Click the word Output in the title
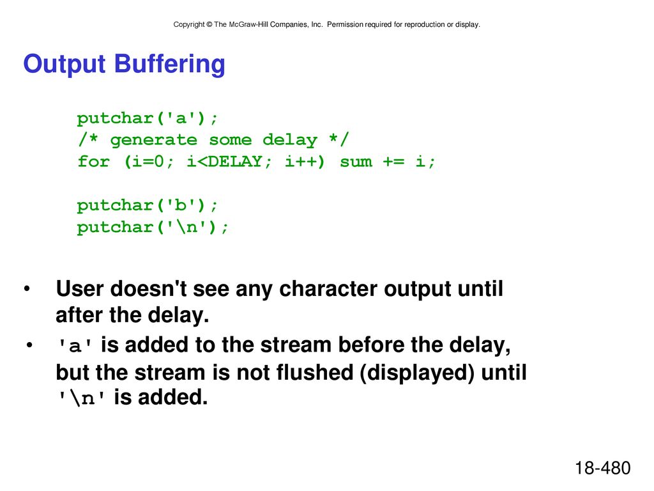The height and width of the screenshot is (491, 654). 65,65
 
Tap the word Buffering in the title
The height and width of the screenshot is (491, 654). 169,65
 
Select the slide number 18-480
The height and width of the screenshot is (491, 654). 603,468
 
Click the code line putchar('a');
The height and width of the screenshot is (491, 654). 148,118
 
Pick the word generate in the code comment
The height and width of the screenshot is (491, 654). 153,140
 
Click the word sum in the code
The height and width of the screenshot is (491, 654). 356,162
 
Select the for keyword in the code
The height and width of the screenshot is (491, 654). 93,161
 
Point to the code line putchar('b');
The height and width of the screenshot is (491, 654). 148,205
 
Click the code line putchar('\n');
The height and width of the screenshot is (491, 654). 153,227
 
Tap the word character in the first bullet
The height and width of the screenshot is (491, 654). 328,289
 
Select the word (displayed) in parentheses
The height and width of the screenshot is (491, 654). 417,373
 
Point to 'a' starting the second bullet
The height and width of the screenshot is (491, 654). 75,346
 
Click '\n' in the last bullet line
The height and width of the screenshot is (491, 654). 81,398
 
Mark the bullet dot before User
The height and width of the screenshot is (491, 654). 27,289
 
